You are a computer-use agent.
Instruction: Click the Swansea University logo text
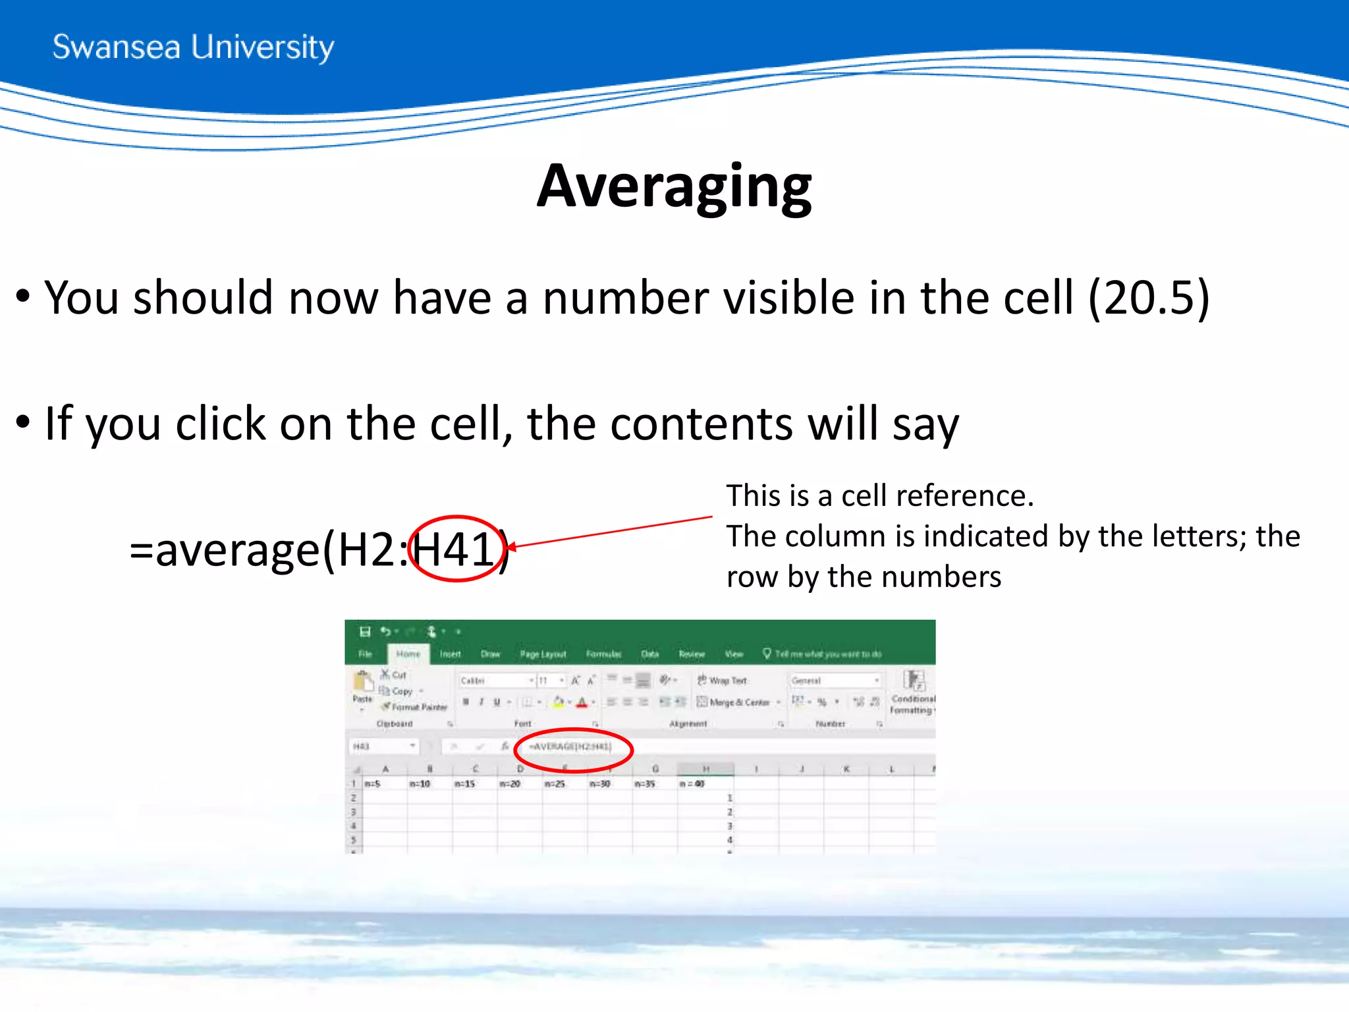pos(193,47)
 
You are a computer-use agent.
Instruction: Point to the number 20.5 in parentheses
pos(1149,298)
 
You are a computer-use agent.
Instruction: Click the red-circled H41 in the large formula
pos(454,549)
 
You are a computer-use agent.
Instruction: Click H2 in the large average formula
pos(366,549)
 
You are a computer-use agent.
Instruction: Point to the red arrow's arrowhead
pos(511,547)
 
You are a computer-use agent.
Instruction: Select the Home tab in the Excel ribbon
pos(408,654)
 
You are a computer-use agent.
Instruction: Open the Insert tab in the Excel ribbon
pos(451,654)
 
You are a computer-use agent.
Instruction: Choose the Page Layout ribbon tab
pos(543,654)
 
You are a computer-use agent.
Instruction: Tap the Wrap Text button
pos(723,681)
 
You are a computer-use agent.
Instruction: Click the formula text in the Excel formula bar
pos(570,746)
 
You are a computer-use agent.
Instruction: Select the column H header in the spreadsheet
pos(705,769)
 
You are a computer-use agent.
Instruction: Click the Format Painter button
pos(415,707)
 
